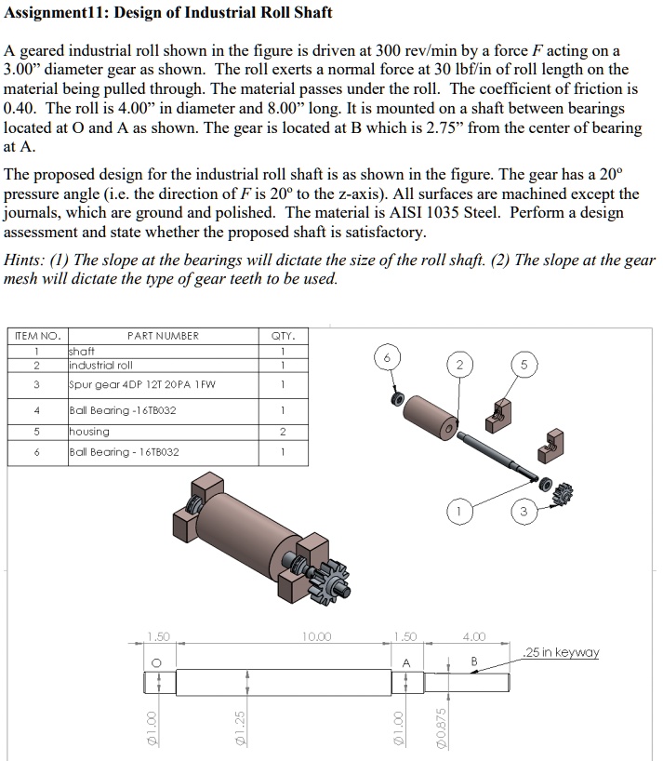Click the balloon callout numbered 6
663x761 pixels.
pos(388,358)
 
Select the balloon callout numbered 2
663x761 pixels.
pos(457,365)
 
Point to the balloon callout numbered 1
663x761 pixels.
pos(457,510)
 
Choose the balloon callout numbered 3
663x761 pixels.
pos(523,510)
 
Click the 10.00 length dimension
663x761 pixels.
pos(317,637)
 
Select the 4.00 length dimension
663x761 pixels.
pos(474,637)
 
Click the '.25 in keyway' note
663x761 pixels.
pos(561,652)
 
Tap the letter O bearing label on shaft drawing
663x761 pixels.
pos(157,661)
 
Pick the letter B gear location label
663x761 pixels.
pos(473,661)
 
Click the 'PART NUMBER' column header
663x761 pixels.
pos(163,336)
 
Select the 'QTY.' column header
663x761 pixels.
pos(283,336)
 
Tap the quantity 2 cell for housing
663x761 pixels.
pos(283,432)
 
